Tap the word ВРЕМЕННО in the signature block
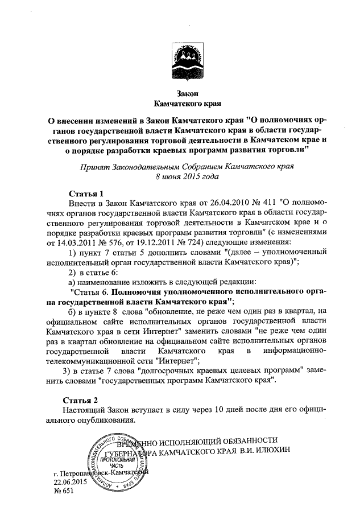136,440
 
